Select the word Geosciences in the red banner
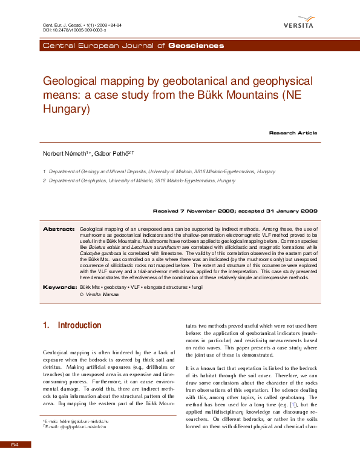point(196,46)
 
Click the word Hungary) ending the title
point(66,110)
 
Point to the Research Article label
point(293,133)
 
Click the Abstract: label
point(59,229)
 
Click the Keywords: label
point(59,286)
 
